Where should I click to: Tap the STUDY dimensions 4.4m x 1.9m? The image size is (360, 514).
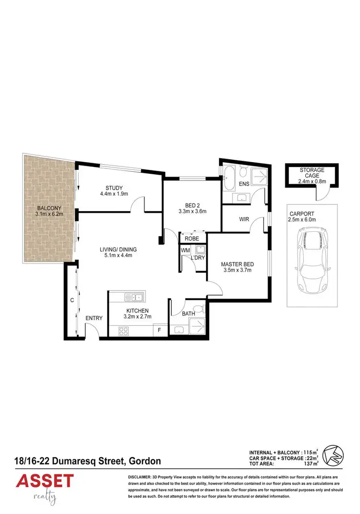click(114, 194)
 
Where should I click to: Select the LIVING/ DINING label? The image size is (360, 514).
click(119, 249)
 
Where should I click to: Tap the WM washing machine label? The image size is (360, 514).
click(185, 250)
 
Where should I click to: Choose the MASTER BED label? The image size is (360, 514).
click(238, 264)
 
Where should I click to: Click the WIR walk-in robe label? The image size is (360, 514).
click(243, 219)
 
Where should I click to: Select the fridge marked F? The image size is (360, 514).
click(159, 330)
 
